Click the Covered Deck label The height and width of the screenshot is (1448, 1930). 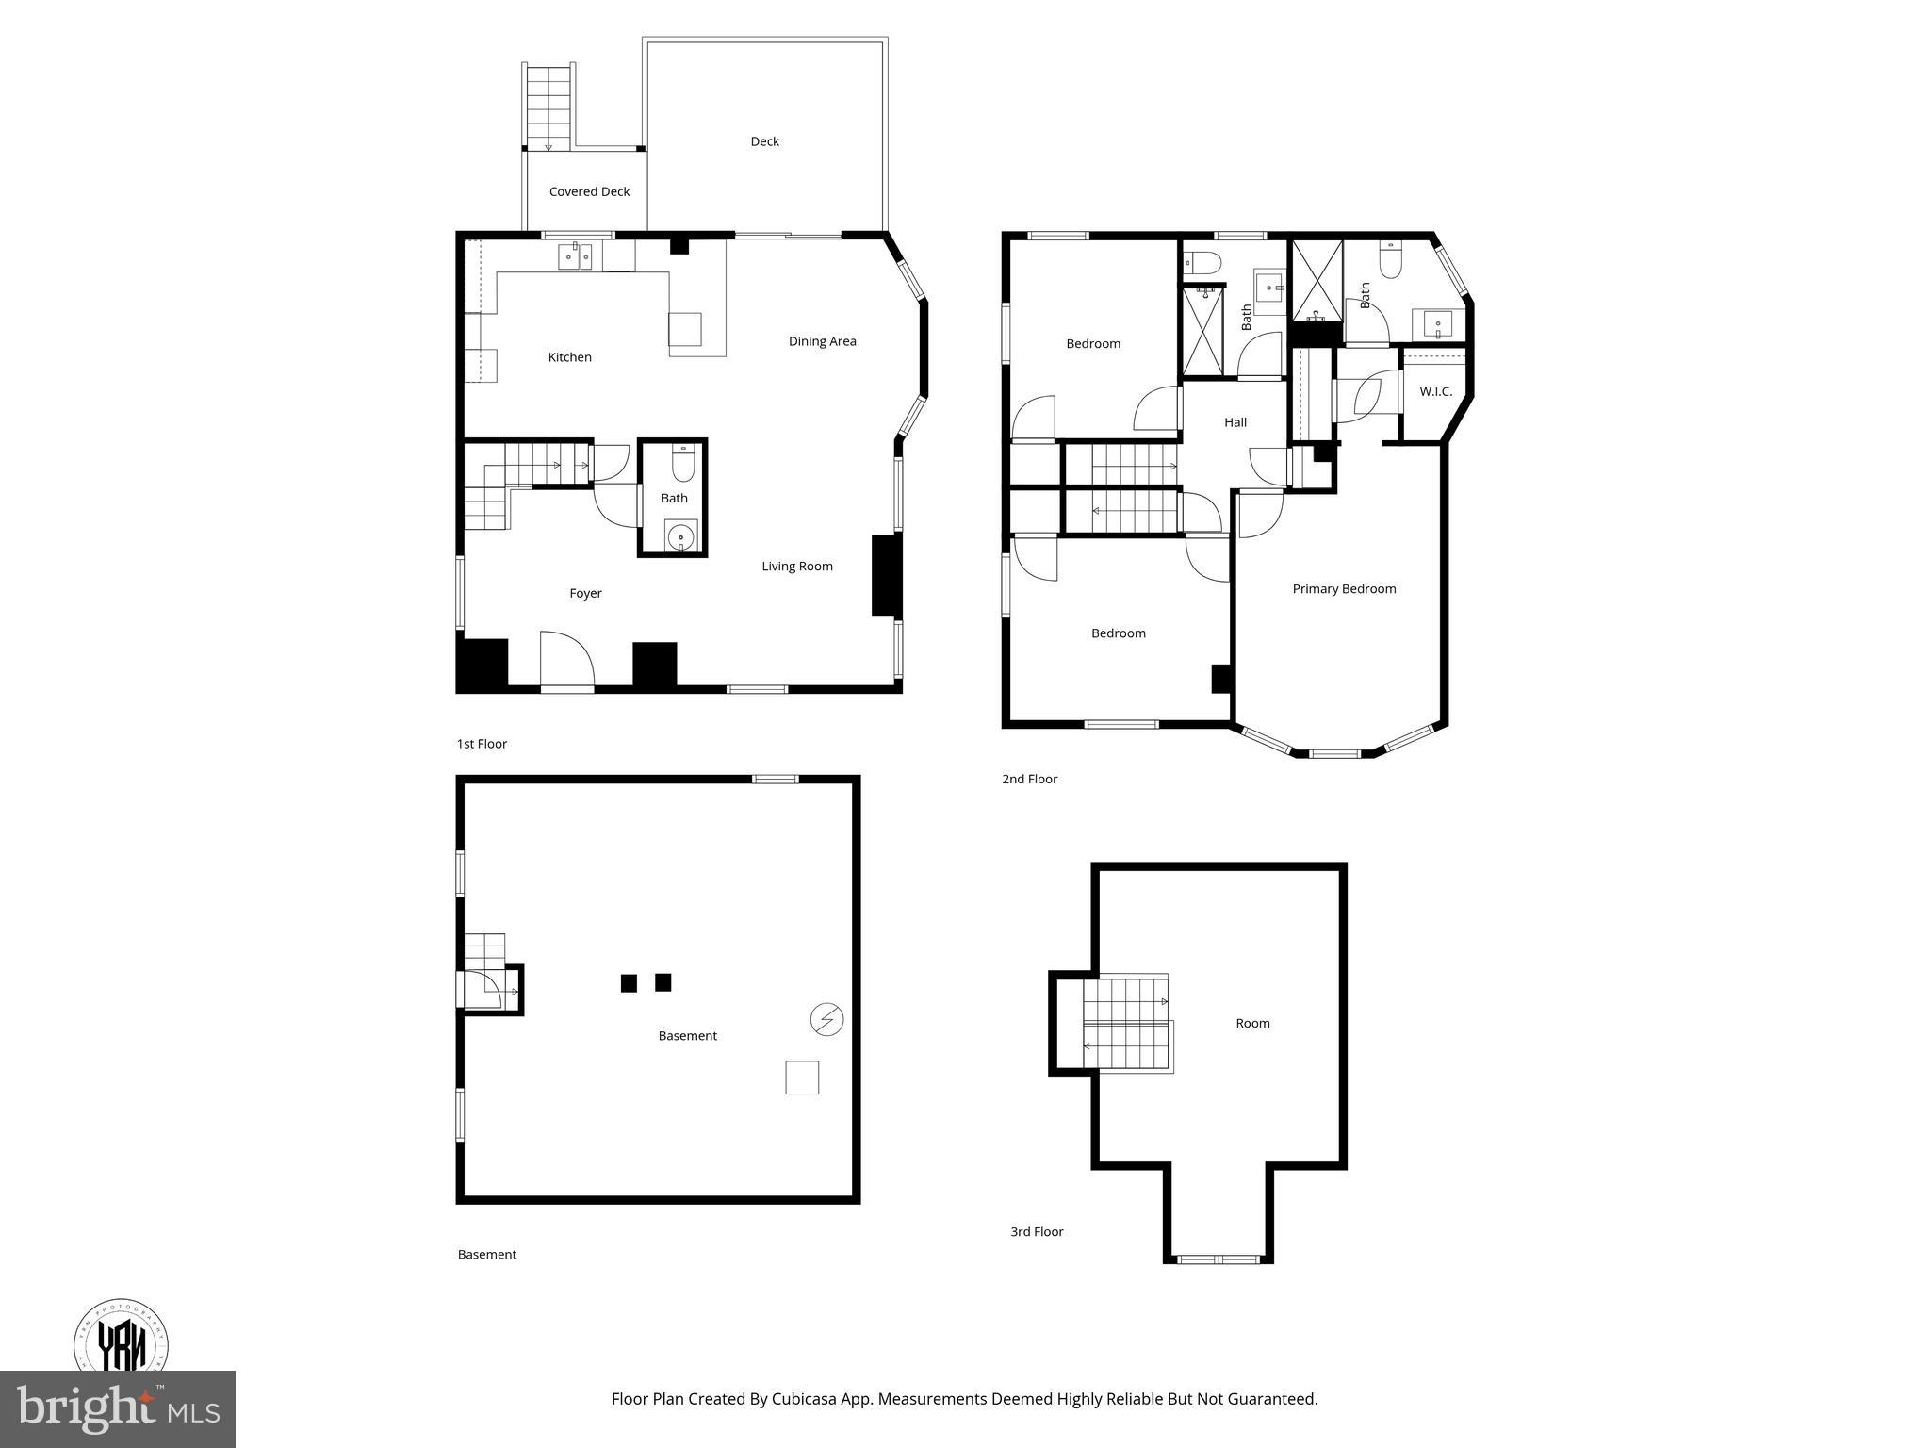click(589, 191)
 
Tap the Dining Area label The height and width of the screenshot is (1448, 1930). click(822, 341)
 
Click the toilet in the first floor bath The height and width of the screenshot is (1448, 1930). click(683, 465)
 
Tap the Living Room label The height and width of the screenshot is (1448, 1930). click(797, 567)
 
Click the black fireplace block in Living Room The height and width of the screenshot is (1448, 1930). click(886, 575)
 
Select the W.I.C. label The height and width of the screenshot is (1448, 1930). click(1435, 392)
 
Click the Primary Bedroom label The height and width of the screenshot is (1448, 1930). click(1344, 589)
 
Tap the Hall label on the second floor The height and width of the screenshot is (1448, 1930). click(1235, 422)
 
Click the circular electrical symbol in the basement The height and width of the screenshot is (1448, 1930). click(826, 1019)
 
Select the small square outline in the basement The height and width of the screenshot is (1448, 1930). click(802, 1078)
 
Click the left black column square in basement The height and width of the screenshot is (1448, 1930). click(629, 983)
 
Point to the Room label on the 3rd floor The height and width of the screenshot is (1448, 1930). click(1252, 1023)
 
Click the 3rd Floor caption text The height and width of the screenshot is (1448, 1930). click(1037, 1231)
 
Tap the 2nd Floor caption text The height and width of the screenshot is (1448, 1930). click(1029, 779)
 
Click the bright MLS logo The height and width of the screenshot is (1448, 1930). click(117, 1409)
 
